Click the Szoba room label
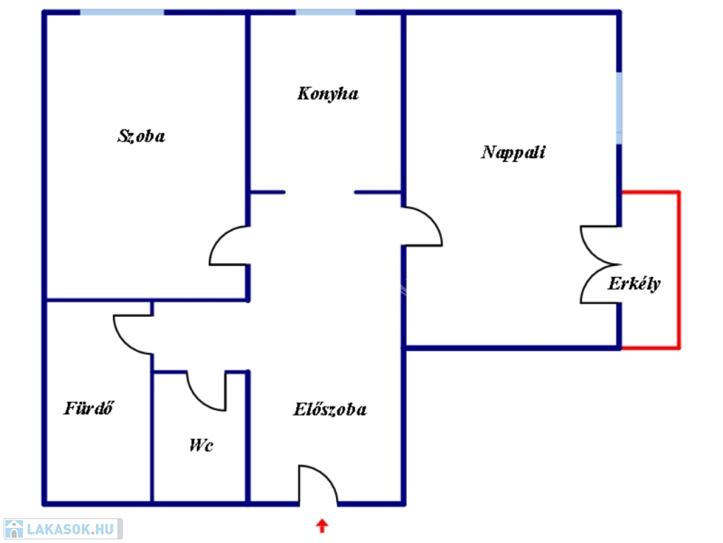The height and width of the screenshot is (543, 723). tap(141, 136)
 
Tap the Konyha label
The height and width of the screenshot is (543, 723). tap(328, 94)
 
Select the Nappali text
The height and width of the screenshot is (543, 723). tap(513, 153)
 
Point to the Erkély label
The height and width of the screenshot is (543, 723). tap(634, 284)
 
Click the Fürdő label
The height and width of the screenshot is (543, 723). tap(88, 408)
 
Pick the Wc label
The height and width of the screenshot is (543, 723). tap(201, 445)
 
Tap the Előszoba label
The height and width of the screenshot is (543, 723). tap(330, 409)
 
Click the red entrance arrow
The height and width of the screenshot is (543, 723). tap(322, 525)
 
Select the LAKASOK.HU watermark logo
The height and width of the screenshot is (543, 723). tap(63, 529)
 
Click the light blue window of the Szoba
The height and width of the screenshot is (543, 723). tap(122, 12)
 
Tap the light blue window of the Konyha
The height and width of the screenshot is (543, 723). tap(325, 12)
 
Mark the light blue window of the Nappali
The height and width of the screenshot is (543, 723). tap(619, 108)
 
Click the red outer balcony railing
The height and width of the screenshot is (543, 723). tap(679, 269)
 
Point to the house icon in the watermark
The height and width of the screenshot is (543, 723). tap(14, 529)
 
